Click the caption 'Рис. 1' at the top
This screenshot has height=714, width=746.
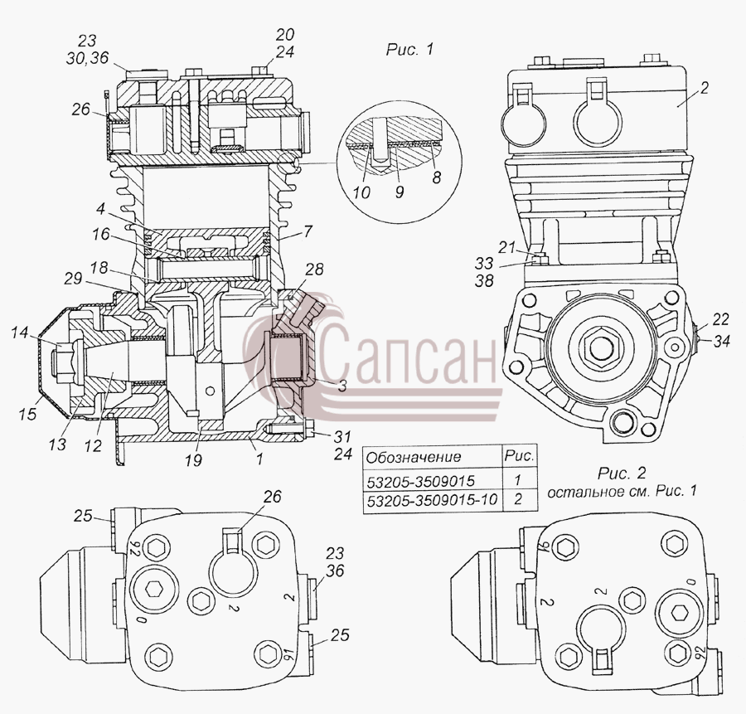click(x=409, y=50)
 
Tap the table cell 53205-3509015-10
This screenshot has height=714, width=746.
click(x=432, y=500)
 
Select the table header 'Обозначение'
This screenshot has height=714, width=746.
click(x=414, y=457)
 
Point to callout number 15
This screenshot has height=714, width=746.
click(x=28, y=414)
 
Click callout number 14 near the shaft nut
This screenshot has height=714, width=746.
click(x=20, y=333)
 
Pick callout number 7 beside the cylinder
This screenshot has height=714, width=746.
click(x=308, y=231)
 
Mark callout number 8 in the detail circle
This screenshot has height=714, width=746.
click(x=436, y=177)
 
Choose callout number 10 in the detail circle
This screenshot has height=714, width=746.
click(x=361, y=192)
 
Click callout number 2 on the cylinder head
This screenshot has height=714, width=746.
click(x=705, y=88)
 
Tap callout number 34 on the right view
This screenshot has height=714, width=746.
click(x=721, y=341)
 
